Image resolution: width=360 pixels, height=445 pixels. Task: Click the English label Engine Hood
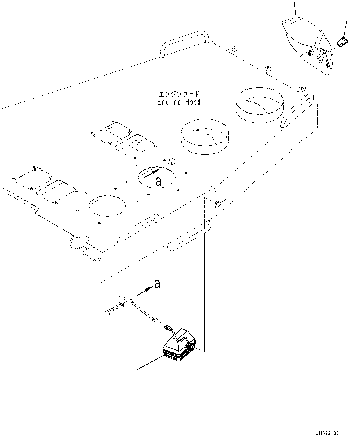[x=179, y=102]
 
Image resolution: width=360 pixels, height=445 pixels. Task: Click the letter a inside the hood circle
[x=158, y=182]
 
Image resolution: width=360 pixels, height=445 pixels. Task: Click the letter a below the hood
[x=157, y=284]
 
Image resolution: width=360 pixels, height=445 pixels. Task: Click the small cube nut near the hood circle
[x=172, y=162]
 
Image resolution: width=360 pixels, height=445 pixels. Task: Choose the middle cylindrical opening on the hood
[x=205, y=137]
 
